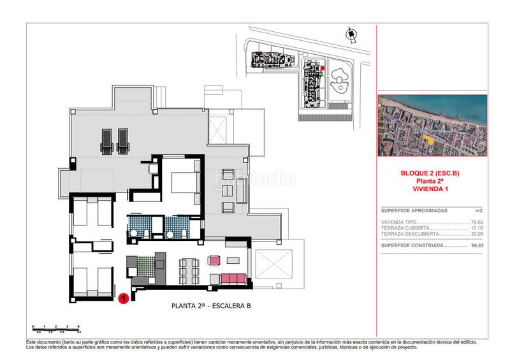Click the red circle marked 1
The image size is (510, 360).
(124, 296)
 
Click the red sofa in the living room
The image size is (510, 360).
(233, 277)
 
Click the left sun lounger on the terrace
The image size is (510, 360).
(105, 141)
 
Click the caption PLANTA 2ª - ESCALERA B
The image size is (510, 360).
(212, 306)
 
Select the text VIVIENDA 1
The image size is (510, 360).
(432, 189)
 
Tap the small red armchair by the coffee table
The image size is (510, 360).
(214, 260)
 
